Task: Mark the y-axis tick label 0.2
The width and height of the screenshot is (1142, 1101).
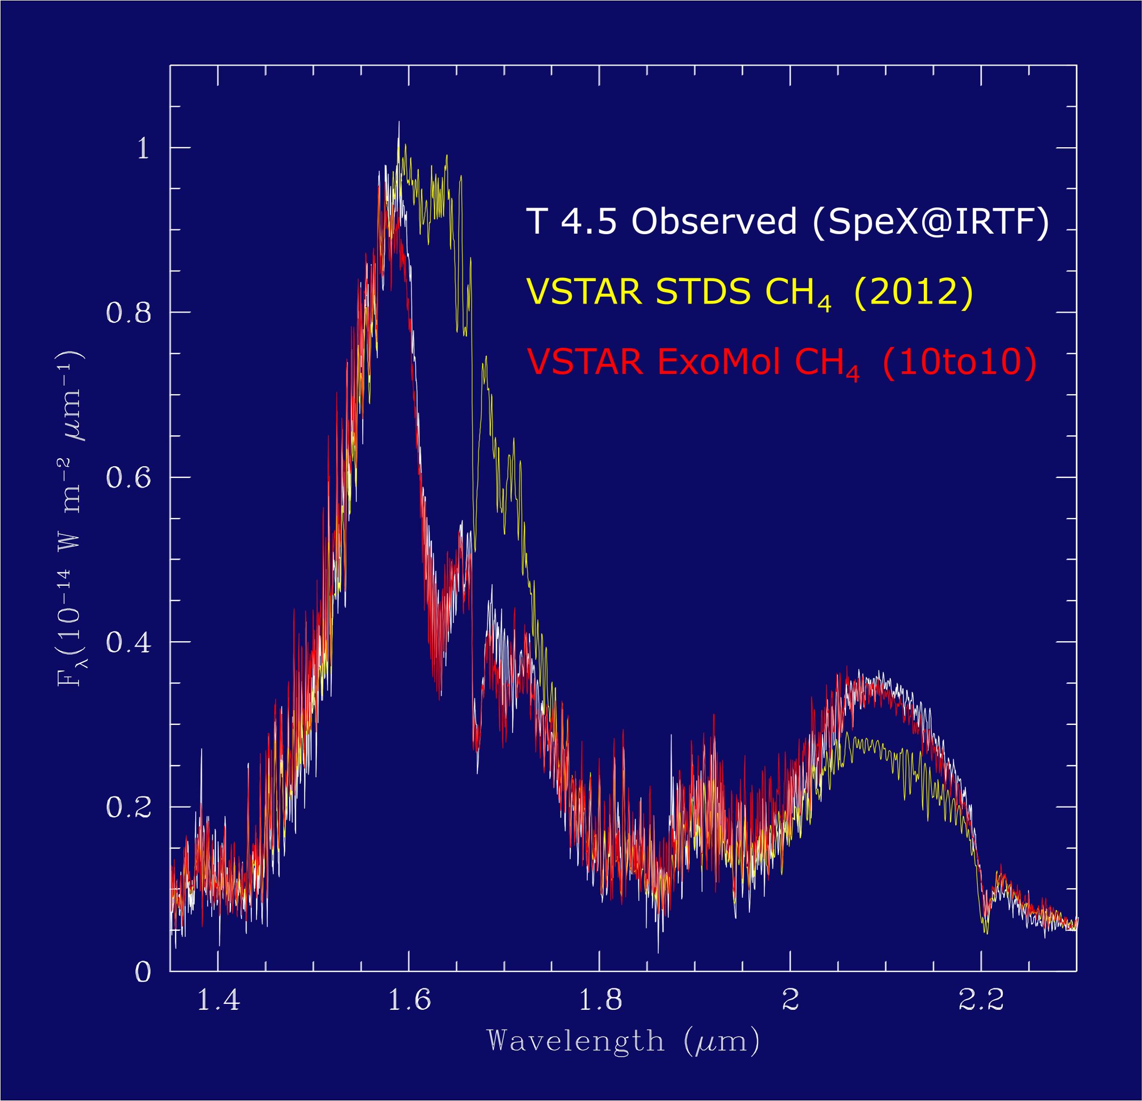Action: [129, 808]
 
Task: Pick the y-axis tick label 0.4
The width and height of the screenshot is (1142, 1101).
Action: [129, 642]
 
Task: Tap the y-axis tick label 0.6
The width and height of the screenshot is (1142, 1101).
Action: [129, 477]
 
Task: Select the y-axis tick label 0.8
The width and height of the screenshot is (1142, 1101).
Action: [129, 312]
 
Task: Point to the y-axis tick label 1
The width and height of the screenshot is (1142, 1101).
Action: [143, 148]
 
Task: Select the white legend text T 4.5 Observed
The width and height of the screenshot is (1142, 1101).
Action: [661, 221]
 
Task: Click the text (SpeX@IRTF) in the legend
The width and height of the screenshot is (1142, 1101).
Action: [930, 221]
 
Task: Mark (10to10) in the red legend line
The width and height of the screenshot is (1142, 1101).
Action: [959, 362]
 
